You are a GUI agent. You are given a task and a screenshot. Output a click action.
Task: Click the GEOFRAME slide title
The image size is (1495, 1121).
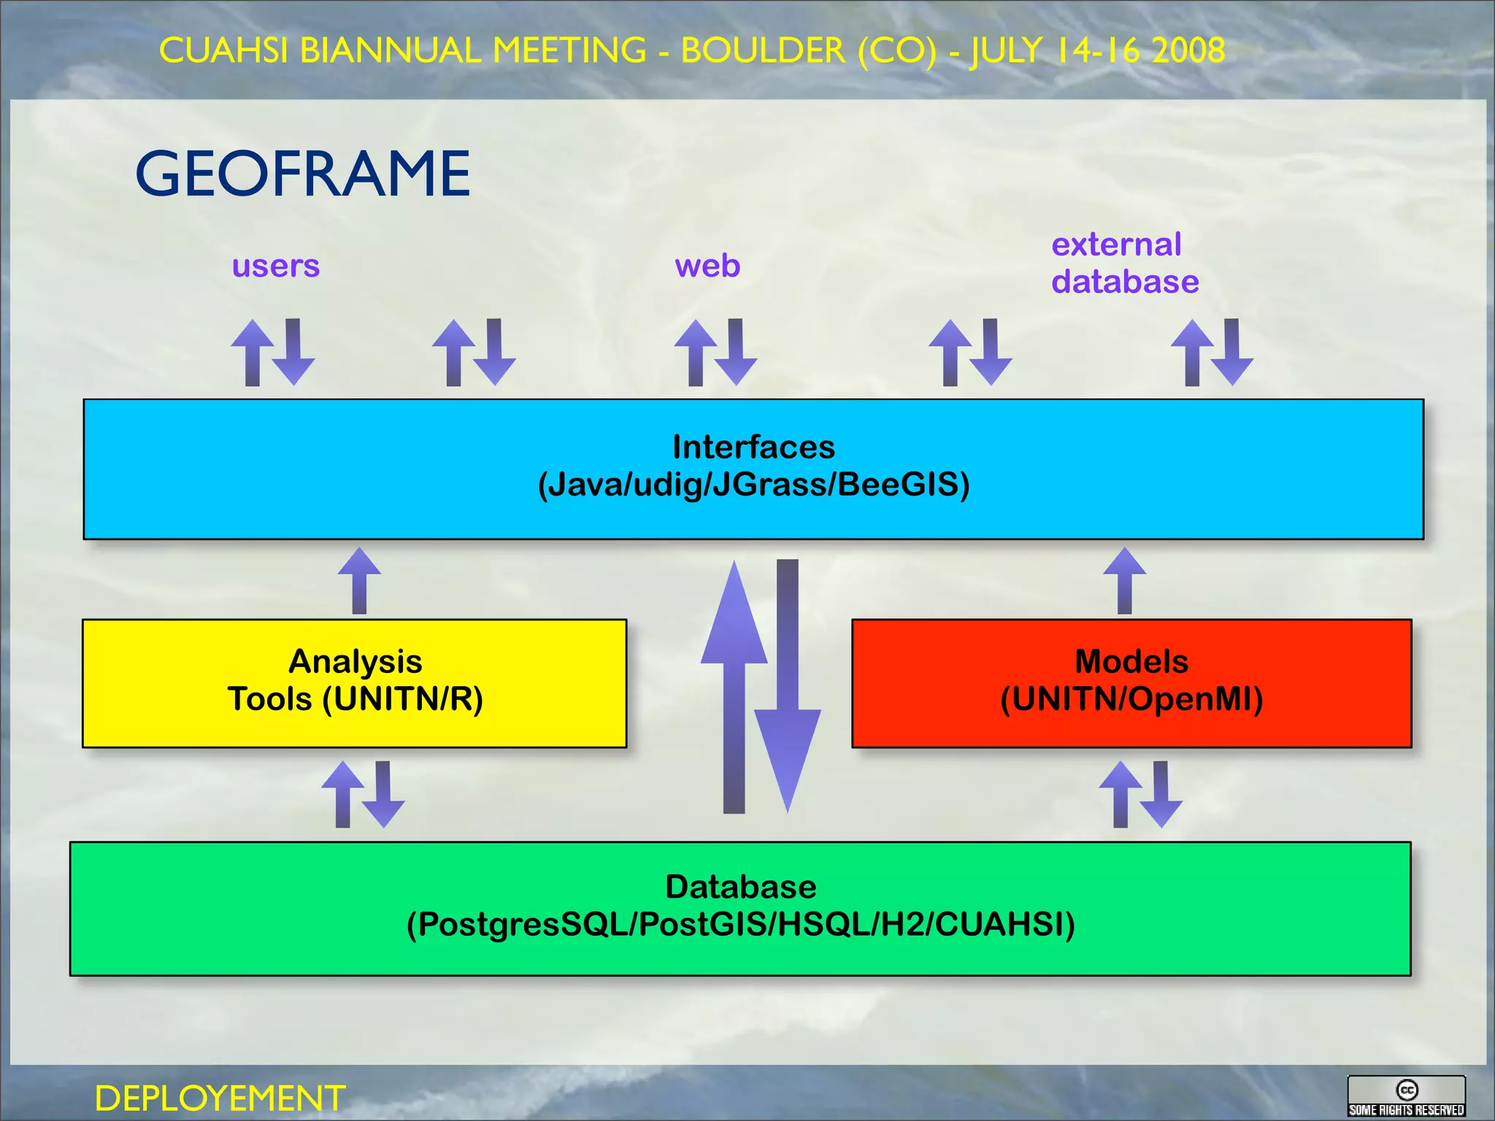(303, 174)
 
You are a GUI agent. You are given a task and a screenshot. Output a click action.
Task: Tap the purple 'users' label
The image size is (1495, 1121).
(276, 266)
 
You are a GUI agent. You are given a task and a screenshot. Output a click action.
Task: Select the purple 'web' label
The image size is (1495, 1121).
(707, 266)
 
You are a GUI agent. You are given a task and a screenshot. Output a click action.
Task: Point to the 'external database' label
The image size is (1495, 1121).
(1124, 263)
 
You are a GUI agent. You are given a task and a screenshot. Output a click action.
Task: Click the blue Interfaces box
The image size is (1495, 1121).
(753, 469)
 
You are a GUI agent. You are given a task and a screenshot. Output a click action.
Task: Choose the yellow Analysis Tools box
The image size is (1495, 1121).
(355, 683)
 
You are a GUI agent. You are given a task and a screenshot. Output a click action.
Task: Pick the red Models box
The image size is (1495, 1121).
(1131, 683)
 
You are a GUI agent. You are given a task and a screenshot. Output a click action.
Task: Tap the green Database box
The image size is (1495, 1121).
(740, 909)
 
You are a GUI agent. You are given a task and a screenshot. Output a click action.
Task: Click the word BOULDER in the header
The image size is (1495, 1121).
(762, 50)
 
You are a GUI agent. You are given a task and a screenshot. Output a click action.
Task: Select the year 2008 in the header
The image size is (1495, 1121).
(1188, 50)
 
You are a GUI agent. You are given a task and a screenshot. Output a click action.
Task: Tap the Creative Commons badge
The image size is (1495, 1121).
(1406, 1096)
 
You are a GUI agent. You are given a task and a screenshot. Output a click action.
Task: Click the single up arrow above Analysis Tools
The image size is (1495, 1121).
(359, 581)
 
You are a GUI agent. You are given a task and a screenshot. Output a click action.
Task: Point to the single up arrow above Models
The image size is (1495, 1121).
(1124, 581)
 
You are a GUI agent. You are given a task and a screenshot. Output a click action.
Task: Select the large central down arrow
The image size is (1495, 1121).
(788, 686)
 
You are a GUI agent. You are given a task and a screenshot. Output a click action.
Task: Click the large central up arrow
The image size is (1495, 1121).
(734, 686)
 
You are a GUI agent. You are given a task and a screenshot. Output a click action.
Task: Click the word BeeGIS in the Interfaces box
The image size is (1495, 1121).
(902, 485)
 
